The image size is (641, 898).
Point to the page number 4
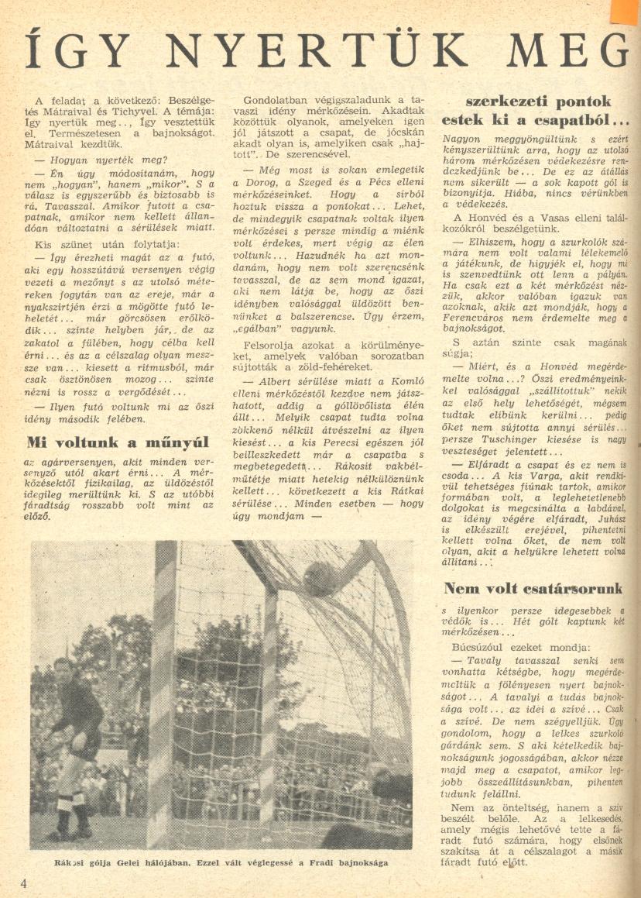[x=25, y=884]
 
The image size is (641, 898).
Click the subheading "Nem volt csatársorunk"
[x=533, y=588]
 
